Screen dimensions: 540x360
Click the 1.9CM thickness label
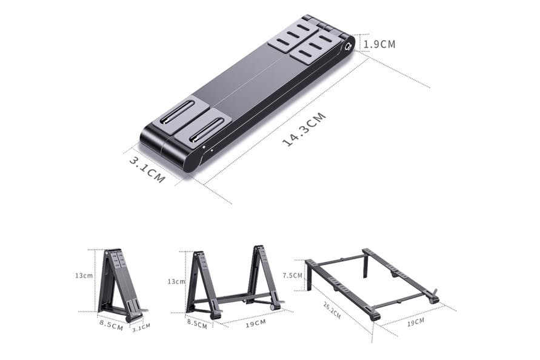point(379,44)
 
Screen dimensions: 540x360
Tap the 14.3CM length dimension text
point(304,129)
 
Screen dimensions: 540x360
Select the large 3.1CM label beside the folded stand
point(147,170)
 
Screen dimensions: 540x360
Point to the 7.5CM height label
point(292,275)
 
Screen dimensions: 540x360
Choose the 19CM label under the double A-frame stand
point(256,324)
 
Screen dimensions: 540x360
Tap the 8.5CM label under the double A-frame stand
point(198,324)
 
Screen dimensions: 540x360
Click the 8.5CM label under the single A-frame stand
point(112,325)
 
